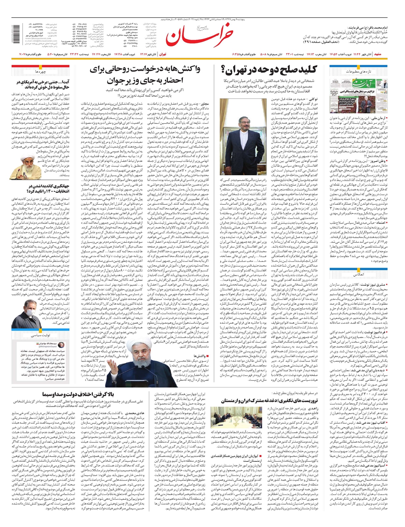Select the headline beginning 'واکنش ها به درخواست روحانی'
pyautogui.click(x=145, y=75)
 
